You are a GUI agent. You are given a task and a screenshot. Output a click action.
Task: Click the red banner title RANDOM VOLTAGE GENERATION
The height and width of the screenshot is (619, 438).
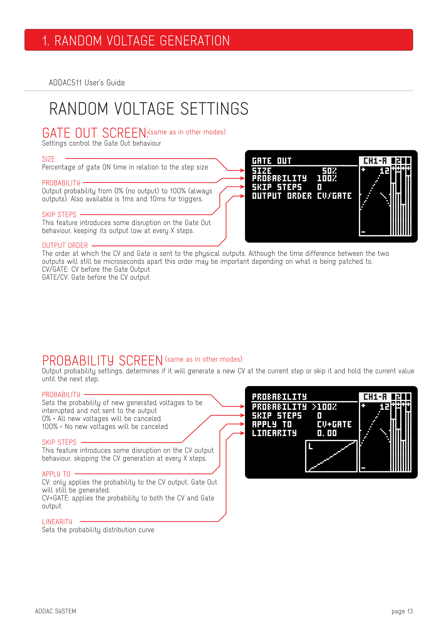[142, 41]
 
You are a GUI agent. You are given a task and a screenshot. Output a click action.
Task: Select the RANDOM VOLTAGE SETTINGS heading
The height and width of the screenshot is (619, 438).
[149, 109]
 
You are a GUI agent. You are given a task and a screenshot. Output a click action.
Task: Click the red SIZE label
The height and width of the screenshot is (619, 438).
[48, 159]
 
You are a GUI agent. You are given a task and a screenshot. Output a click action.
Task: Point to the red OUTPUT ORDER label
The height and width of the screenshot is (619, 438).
[65, 245]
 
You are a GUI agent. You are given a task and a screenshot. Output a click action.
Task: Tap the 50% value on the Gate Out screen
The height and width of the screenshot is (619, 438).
[329, 171]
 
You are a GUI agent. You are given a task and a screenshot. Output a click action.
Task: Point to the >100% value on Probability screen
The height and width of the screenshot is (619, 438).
[324, 406]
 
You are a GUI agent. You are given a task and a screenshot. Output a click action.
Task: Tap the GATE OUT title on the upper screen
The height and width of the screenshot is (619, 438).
[272, 161]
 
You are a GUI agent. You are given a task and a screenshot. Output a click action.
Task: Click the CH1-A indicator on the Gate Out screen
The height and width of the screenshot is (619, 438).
[375, 161]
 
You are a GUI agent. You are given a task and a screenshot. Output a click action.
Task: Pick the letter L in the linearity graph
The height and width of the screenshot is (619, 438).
[311, 446]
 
